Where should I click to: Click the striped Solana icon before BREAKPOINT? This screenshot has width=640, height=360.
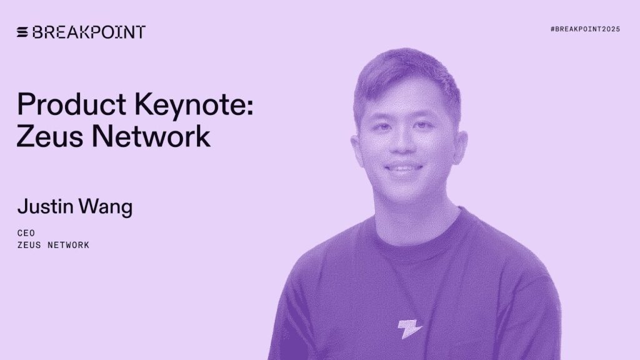pyautogui.click(x=22, y=32)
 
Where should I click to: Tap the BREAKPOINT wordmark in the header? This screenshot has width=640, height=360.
pyautogui.click(x=88, y=32)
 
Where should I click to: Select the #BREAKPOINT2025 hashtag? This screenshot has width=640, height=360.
pyautogui.click(x=585, y=29)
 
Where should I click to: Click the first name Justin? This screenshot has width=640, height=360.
pyautogui.click(x=45, y=207)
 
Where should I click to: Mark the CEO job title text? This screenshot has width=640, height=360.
pyautogui.click(x=26, y=232)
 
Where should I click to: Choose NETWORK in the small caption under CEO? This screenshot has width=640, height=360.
pyautogui.click(x=69, y=245)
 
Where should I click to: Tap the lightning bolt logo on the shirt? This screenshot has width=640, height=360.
pyautogui.click(x=411, y=329)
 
